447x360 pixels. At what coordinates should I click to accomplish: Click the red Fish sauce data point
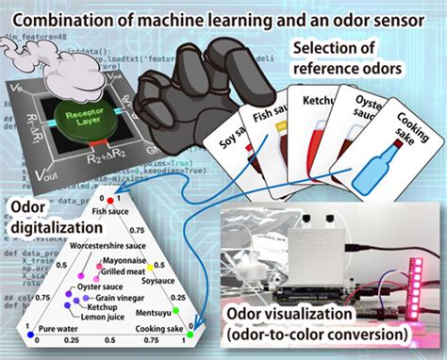110,201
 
